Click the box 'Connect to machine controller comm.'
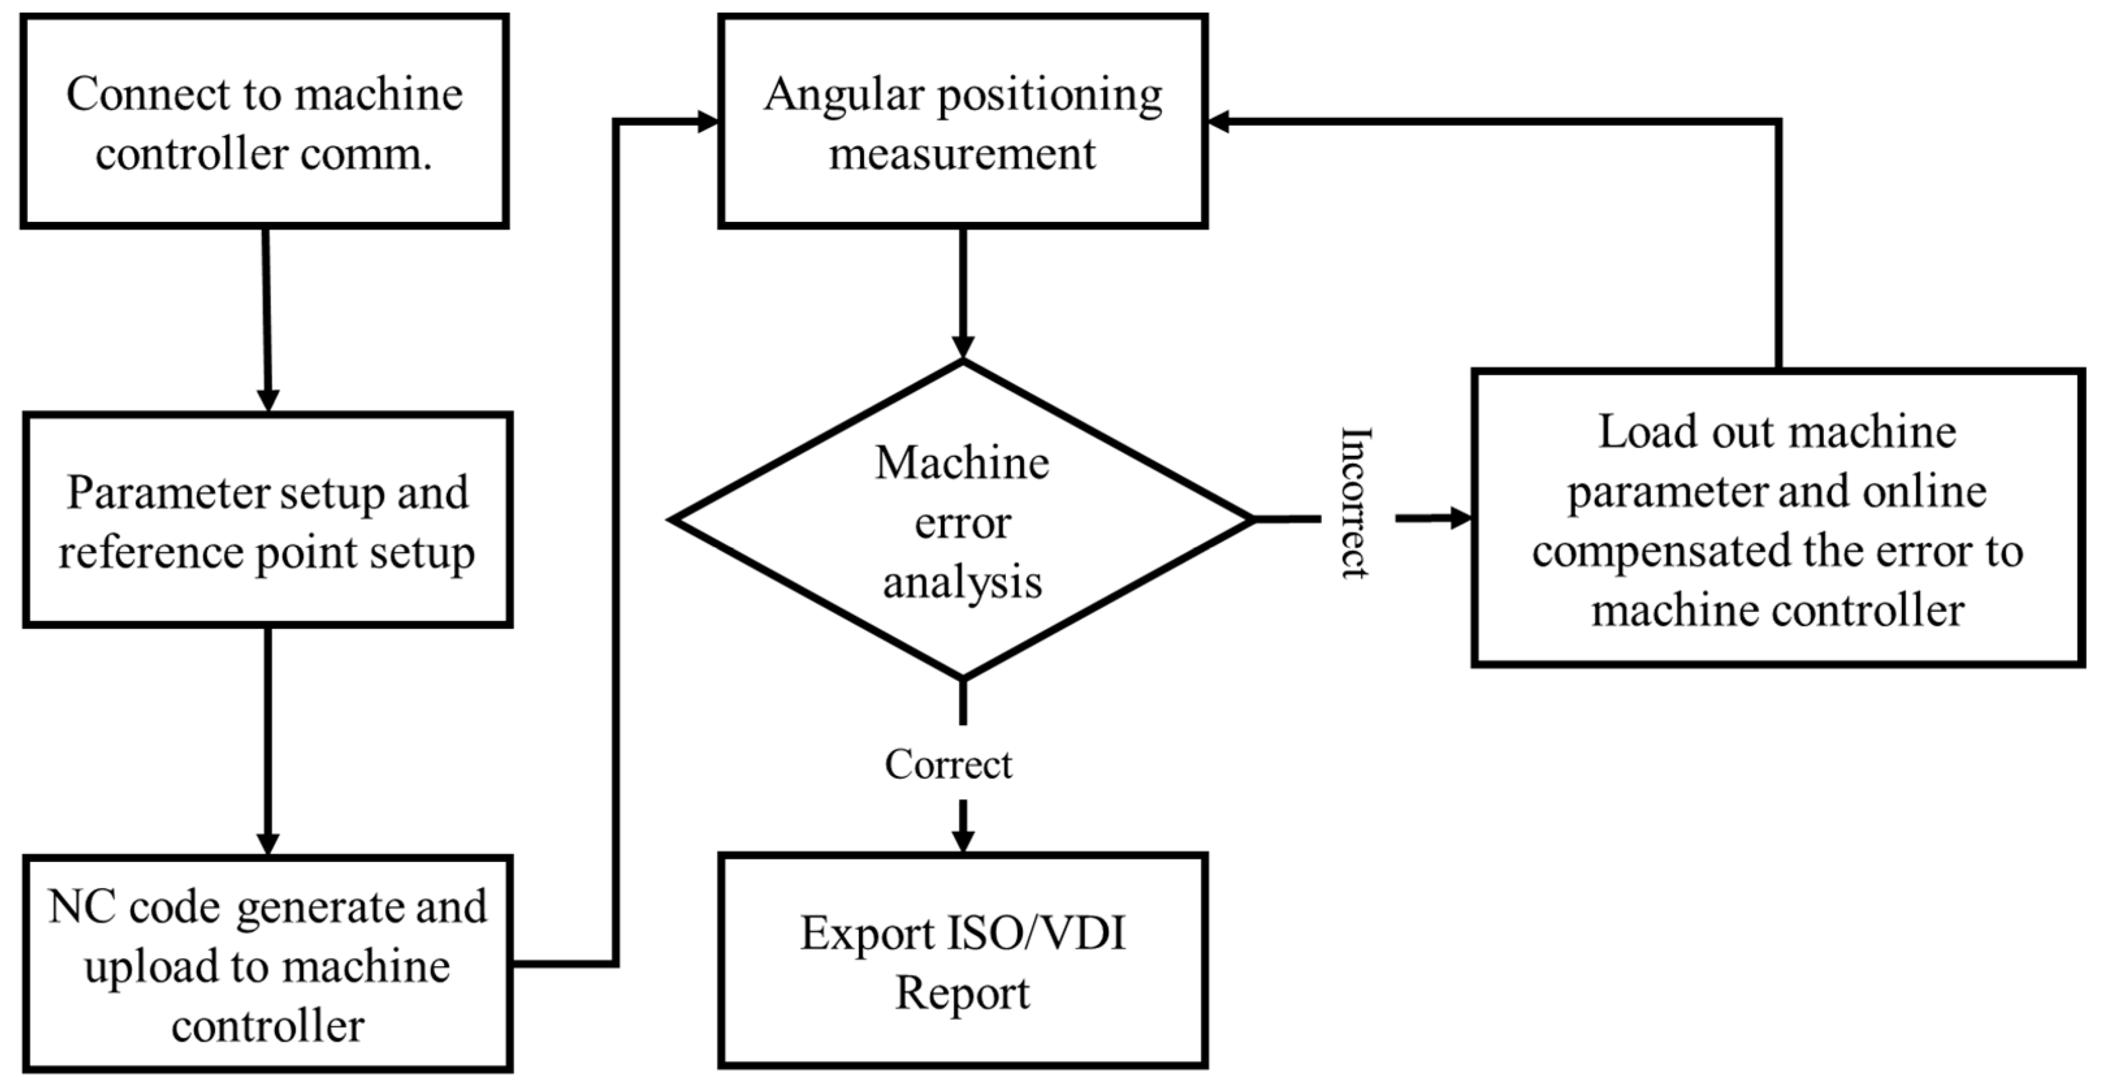[x=265, y=121]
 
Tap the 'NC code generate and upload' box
[x=267, y=963]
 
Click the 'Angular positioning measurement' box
[x=962, y=121]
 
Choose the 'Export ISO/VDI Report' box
[x=962, y=960]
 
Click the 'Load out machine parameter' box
[x=1777, y=518]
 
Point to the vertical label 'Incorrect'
[x=1355, y=503]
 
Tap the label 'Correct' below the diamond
[x=948, y=765]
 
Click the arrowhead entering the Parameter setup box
[x=268, y=400]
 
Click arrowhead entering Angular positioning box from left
[x=706, y=122]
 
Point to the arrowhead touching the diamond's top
[x=962, y=346]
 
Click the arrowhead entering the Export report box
[x=962, y=841]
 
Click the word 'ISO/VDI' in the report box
[x=1036, y=933]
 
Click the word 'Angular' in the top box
[x=843, y=95]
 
